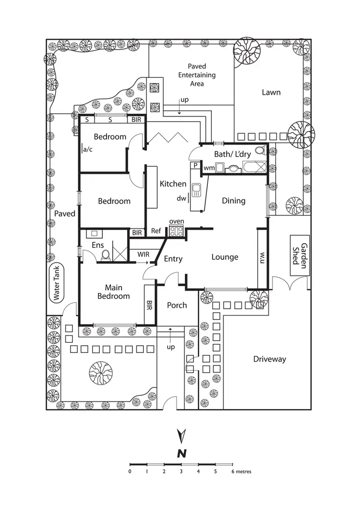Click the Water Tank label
coord(57,283)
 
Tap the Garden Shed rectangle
coord(300,255)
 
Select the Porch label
coord(177,305)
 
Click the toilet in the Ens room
coord(106,255)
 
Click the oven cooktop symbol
coord(176,231)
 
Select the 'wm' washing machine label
coord(209,168)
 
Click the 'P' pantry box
coord(195,166)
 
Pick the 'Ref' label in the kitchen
coord(156,231)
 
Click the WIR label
coord(143,254)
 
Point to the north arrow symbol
coord(181,436)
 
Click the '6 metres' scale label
coord(241,472)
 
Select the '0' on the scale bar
coord(130,472)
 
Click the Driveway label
coord(269,359)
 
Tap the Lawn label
coord(271,92)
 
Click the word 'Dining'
coord(233,201)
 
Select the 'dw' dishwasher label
coord(181,198)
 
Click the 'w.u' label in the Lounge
coord(262,258)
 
